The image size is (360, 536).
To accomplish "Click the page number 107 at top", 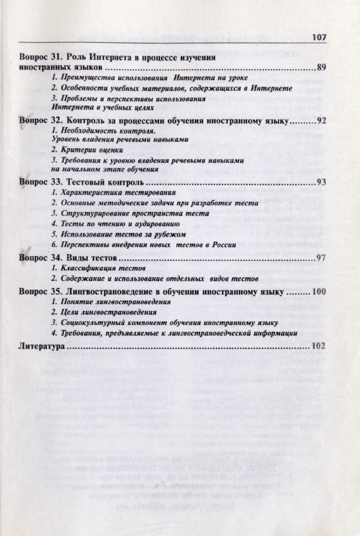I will coord(318,38).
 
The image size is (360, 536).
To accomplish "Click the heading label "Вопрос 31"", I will coord(40,58).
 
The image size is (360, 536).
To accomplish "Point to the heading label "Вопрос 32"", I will coord(40,121).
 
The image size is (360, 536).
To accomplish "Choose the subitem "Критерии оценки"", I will coord(85,150).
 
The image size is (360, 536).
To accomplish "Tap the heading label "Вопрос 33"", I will coord(40,183).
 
